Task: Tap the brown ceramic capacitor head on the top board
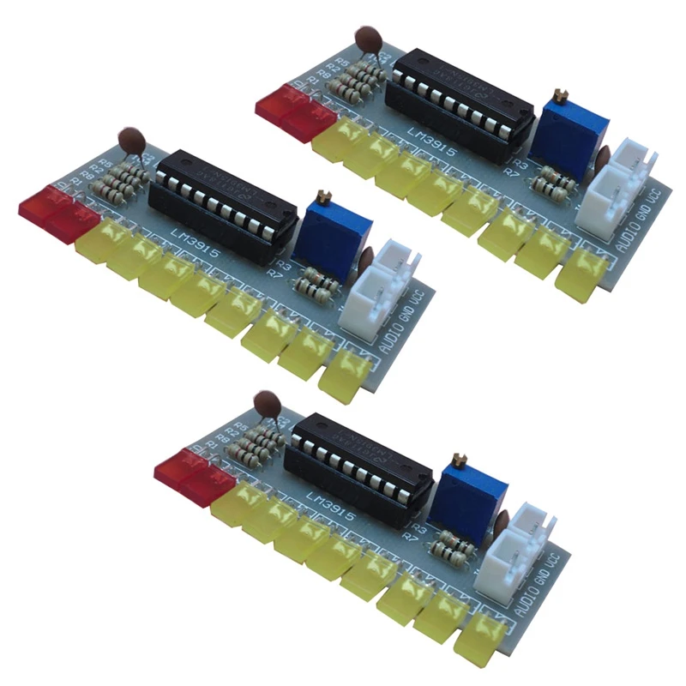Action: pyautogui.click(x=370, y=39)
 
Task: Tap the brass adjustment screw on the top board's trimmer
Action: pyautogui.click(x=562, y=92)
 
